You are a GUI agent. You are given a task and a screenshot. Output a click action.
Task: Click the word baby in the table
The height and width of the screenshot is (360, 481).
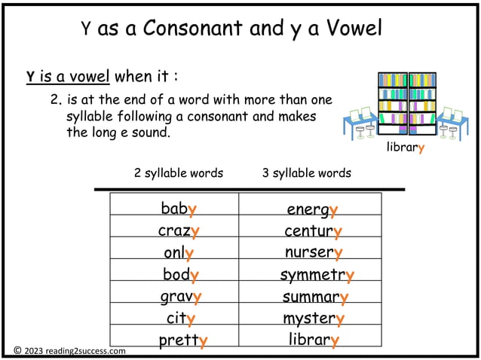tap(179, 208)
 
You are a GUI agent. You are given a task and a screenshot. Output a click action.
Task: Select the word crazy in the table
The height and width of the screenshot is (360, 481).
tap(179, 230)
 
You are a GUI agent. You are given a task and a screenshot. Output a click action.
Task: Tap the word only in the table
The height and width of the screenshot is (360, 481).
tap(179, 252)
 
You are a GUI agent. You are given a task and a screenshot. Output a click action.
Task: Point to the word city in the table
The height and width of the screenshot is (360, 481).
tap(181, 319)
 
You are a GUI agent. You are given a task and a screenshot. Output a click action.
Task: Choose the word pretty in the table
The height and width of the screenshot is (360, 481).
tap(182, 340)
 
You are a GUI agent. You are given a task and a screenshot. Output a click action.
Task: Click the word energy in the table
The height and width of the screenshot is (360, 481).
tap(312, 209)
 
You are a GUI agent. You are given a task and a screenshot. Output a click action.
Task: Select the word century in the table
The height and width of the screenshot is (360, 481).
tap(313, 230)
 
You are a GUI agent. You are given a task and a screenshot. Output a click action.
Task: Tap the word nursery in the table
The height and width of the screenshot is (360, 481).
tap(314, 252)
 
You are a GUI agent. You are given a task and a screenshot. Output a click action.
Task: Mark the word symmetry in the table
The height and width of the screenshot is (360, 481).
tap(317, 275)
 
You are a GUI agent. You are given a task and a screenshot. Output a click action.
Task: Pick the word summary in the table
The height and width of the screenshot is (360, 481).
tap(315, 297)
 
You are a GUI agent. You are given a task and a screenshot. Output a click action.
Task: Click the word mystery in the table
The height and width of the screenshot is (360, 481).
tap(314, 319)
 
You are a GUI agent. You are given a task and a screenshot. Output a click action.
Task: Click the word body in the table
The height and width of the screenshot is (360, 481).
tap(181, 275)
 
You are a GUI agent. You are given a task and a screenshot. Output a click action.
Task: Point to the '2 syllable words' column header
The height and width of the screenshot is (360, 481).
tap(179, 173)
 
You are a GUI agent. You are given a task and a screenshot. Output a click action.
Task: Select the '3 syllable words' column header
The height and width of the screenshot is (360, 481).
tap(307, 173)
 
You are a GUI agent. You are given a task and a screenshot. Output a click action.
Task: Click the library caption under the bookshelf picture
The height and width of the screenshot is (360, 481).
tap(406, 148)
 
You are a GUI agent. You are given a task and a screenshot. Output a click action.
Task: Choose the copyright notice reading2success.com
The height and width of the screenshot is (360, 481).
tap(69, 350)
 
